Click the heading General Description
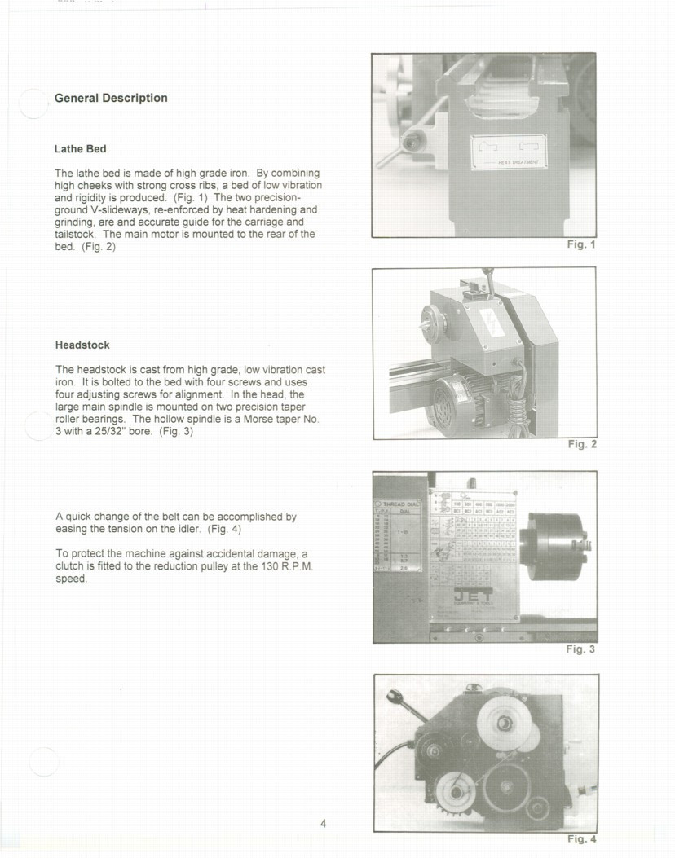[x=111, y=98]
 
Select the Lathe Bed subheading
[x=80, y=149]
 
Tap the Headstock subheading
[x=82, y=345]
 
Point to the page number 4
[x=324, y=823]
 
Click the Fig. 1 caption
[x=581, y=244]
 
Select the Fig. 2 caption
[x=582, y=444]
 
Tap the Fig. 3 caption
[x=580, y=649]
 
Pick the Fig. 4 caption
[x=582, y=839]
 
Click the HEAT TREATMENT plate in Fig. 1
[x=509, y=152]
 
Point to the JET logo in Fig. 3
[x=472, y=597]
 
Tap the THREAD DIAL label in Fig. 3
[x=399, y=504]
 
